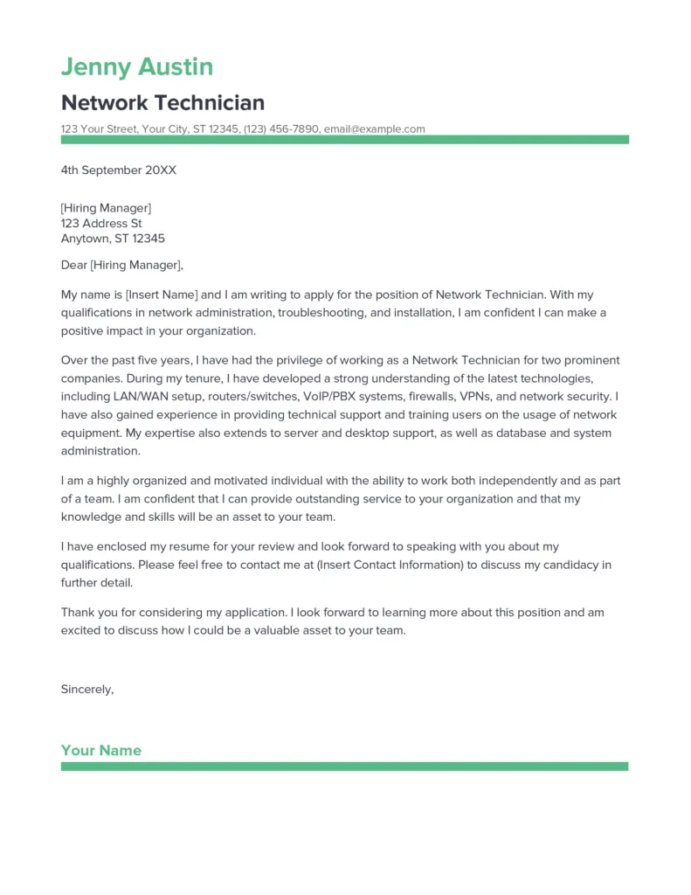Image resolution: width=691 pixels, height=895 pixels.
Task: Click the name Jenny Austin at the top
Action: coord(137,66)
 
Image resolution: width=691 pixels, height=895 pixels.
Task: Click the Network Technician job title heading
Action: coord(162,102)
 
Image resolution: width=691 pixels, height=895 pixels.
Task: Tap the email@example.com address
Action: coord(374,128)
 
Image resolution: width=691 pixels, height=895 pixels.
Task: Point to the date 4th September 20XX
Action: coord(118,170)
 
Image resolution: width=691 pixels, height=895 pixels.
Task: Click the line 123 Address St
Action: coord(100,223)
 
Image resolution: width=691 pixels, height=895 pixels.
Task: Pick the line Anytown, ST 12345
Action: coord(113,239)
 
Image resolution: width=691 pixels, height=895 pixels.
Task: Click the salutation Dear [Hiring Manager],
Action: coord(122,265)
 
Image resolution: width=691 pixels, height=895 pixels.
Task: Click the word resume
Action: coord(192,546)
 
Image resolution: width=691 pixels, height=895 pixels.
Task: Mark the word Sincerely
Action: coord(86,689)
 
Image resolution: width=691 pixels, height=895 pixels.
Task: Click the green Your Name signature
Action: coord(100,750)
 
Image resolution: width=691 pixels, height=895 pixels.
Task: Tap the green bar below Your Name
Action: coord(344,767)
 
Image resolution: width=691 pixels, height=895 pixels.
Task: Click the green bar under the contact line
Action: coord(344,140)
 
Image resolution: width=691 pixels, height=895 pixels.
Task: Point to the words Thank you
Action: coord(87,613)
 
